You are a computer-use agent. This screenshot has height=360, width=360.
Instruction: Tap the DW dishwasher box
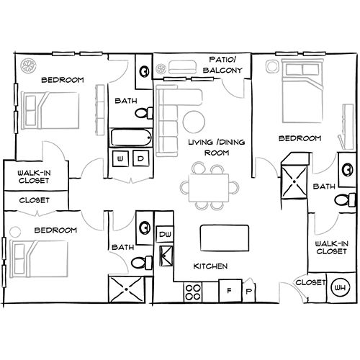pyautogui.click(x=165, y=234)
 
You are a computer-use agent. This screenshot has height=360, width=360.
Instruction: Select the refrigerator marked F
pyautogui.click(x=230, y=291)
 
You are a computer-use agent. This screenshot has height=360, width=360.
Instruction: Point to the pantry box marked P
pyautogui.click(x=248, y=291)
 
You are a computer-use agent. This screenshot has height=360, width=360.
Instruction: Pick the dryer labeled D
pyautogui.click(x=140, y=158)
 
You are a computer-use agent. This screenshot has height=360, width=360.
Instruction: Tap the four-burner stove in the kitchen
pyautogui.click(x=193, y=292)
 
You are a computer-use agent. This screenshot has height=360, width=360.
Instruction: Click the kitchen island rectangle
pyautogui.click(x=224, y=235)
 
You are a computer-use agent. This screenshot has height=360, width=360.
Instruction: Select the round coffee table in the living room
pyautogui.click(x=194, y=120)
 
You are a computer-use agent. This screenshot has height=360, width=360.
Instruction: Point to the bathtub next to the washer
pyautogui.click(x=131, y=137)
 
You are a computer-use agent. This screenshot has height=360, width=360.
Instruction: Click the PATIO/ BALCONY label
pyautogui.click(x=224, y=65)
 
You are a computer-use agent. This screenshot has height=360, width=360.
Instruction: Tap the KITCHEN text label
pyautogui.click(x=210, y=266)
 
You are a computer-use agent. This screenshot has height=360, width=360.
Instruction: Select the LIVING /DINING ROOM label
pyautogui.click(x=216, y=148)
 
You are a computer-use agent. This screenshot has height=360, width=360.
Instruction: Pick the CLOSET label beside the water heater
pyautogui.click(x=311, y=283)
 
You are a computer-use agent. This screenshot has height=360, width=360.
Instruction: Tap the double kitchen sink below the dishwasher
pyautogui.click(x=165, y=254)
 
